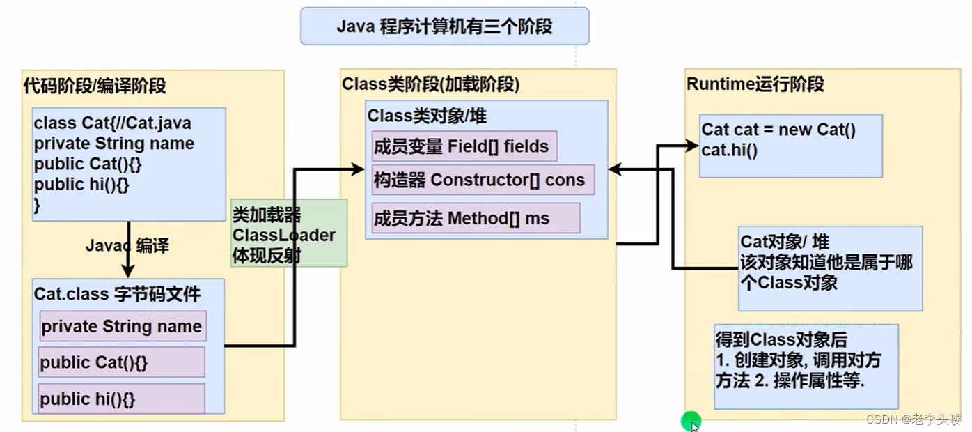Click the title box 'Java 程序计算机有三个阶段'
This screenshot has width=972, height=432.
pos(444,26)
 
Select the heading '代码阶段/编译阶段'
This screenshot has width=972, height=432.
pos(95,86)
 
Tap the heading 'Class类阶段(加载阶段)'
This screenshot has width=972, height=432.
pos(431,84)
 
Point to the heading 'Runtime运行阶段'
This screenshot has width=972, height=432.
pos(755,84)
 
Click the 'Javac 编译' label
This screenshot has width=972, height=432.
pos(127,246)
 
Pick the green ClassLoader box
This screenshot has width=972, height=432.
pos(289,233)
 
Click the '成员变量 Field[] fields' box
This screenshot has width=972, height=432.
pos(464,146)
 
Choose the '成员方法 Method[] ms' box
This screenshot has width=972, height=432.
pos(476,218)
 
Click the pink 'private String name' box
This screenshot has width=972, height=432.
pos(123,326)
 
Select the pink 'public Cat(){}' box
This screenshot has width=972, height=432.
pos(121,362)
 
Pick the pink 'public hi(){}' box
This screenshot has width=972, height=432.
pos(121,399)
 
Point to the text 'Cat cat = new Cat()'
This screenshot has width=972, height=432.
pos(778,130)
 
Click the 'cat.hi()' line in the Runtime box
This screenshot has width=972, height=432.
pos(730,149)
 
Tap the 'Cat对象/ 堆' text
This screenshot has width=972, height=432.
pos(785,242)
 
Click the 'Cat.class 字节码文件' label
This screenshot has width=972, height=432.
pos(117,293)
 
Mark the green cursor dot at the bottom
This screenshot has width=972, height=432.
pos(691,420)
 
